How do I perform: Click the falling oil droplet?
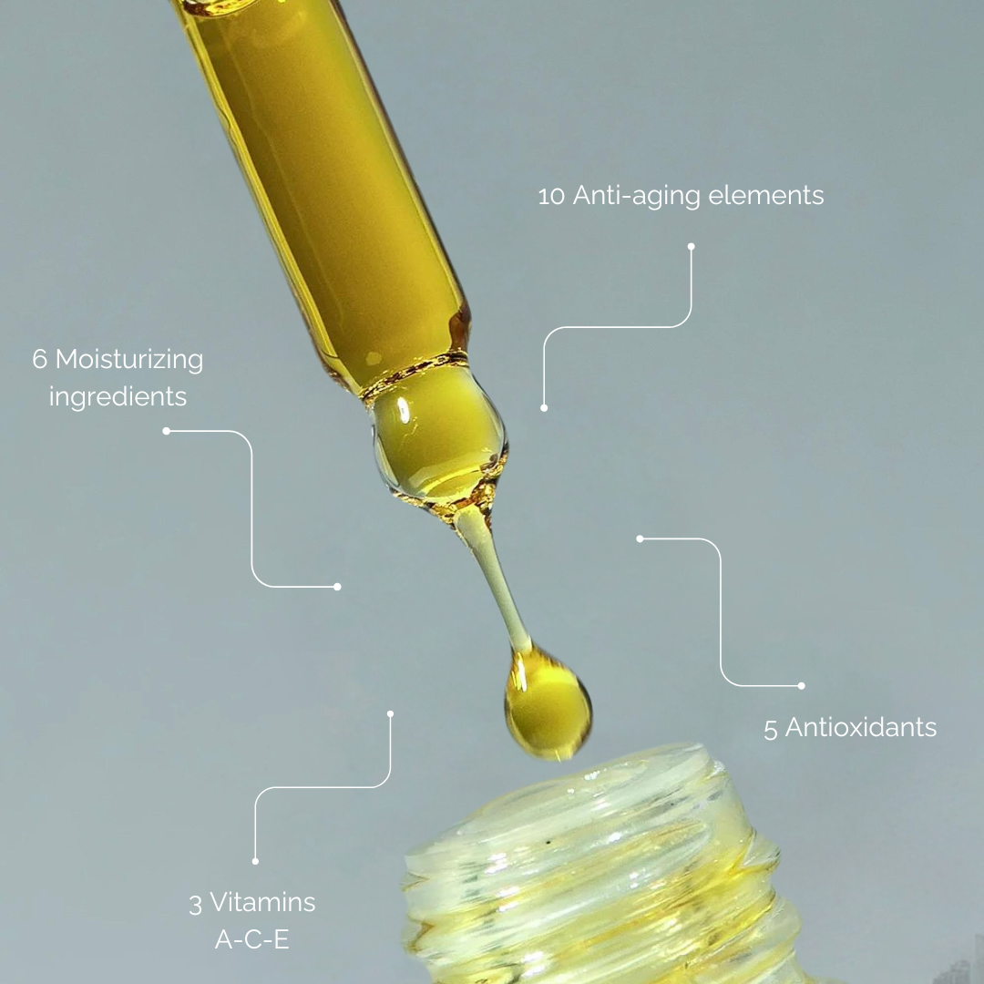click(548, 702)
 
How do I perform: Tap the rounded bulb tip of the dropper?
click(438, 439)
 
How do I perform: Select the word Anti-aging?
click(636, 196)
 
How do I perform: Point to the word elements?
click(765, 195)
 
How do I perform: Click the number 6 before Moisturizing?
click(39, 360)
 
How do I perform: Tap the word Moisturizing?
click(129, 360)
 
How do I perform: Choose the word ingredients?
click(118, 397)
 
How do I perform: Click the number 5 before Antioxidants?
click(771, 729)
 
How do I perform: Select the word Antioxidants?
click(861, 727)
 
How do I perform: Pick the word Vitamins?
click(262, 902)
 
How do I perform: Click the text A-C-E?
click(252, 939)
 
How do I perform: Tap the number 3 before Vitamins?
click(196, 905)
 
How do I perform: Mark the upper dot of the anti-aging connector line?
click(691, 247)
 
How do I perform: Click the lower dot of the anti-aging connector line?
click(544, 408)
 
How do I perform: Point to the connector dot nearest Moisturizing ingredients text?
click(167, 431)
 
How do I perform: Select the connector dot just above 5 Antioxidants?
click(801, 686)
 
